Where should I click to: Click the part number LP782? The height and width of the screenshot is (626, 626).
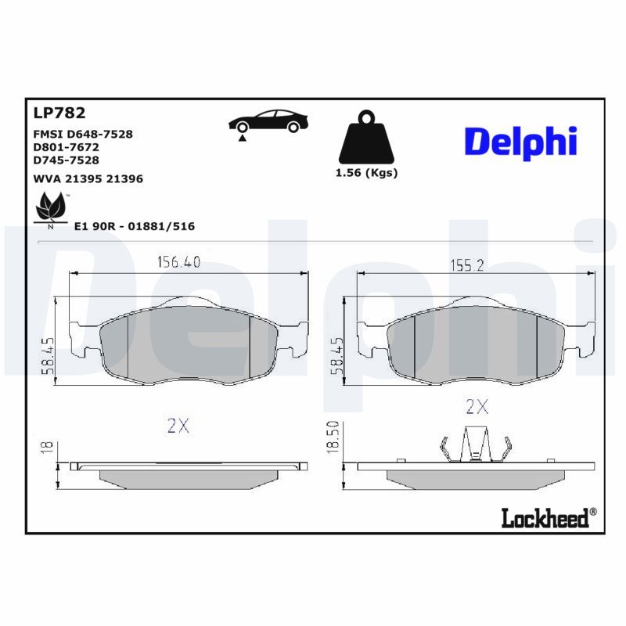tap(59, 113)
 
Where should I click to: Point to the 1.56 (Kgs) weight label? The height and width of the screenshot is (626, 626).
tap(366, 173)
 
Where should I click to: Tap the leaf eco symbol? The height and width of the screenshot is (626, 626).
tap(51, 209)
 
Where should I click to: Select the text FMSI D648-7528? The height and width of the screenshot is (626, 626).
tap(82, 134)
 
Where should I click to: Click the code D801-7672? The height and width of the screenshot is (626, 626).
tap(66, 146)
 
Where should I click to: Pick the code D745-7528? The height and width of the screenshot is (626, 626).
tap(66, 160)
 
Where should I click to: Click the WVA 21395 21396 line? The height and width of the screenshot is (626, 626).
tap(88, 178)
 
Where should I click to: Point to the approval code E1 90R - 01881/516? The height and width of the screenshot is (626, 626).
tap(134, 226)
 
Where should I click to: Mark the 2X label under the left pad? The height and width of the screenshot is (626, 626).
tap(178, 426)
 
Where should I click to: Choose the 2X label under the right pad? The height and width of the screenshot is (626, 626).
tap(477, 406)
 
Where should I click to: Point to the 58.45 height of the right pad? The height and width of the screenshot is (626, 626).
tap(336, 356)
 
